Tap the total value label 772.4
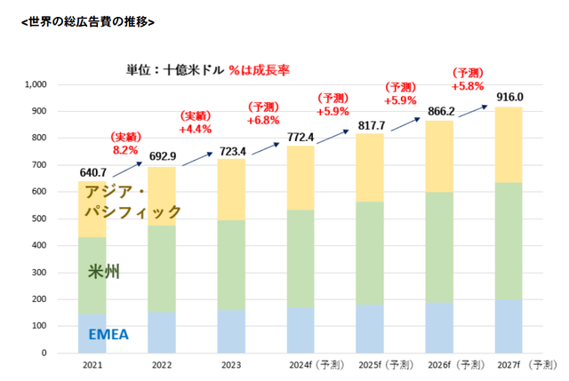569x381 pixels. click(x=302, y=137)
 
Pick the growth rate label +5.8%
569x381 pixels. click(x=468, y=86)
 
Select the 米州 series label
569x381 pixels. click(x=104, y=271)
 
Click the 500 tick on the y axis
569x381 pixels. click(x=41, y=218)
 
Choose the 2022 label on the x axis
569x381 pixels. click(x=163, y=364)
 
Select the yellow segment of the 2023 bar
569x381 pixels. click(x=232, y=189)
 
